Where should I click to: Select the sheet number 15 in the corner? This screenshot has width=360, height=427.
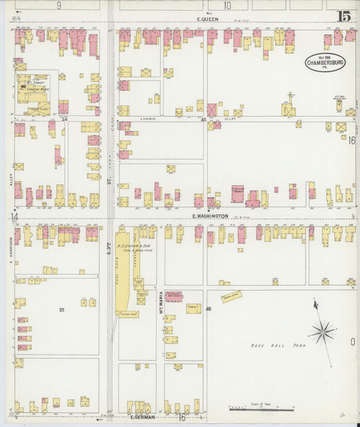coord(344,16)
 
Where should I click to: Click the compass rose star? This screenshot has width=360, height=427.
coord(322,332)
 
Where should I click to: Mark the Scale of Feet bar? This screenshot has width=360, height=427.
coord(261,409)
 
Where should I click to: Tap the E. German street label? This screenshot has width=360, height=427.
coord(141,417)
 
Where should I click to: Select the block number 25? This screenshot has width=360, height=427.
coord(61,309)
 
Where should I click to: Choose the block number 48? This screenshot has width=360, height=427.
coord(209,309)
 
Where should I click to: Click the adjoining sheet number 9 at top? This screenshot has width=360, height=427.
coord(59,5)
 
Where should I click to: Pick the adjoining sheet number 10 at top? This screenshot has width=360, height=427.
coord(227,5)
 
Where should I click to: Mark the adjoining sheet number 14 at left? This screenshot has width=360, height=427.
coord(14,217)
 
